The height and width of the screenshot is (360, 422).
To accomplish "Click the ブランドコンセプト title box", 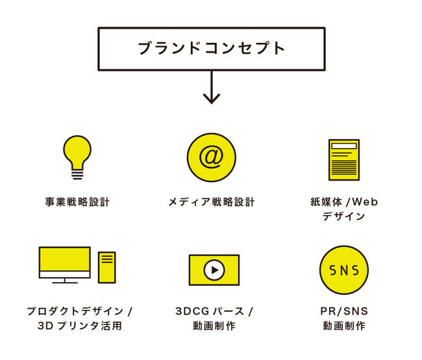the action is (211, 49).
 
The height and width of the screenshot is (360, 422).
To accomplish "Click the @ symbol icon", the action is (211, 158).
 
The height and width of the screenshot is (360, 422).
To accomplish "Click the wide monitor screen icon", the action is (65, 263).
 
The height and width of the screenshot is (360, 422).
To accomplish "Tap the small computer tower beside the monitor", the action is (107, 267).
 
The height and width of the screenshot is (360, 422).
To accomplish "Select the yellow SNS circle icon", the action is (344, 270).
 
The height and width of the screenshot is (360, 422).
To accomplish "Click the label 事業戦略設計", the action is (77, 202).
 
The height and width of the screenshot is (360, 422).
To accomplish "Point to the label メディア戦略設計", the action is (211, 202).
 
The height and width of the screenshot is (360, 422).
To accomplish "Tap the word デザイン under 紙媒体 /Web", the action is (343, 217).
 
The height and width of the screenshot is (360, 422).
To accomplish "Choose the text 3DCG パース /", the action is (214, 311).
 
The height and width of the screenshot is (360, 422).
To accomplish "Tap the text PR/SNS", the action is (343, 311).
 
